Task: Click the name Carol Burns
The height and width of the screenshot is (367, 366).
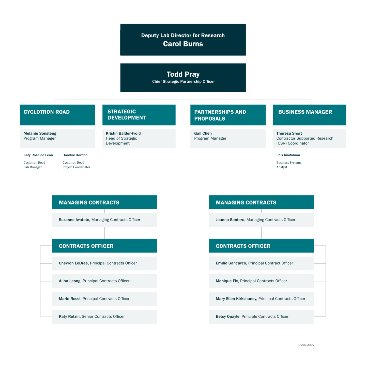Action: coord(183,44)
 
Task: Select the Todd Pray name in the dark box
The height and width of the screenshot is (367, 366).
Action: coord(183,74)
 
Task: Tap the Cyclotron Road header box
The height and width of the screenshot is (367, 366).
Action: coord(57,115)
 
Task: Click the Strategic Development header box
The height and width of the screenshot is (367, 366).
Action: coord(139,115)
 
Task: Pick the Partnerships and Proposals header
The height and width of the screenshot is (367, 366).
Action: coord(228,115)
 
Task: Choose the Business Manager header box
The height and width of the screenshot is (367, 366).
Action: coord(309,115)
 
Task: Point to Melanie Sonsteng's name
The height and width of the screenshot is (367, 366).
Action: coord(40,133)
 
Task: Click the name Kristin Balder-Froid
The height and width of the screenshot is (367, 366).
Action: coord(123,133)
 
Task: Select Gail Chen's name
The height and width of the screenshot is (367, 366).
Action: coord(203,133)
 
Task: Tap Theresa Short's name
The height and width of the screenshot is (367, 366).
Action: coord(289,133)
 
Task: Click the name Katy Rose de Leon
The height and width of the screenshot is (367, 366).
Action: coord(38,155)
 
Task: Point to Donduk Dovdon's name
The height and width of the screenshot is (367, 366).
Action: coord(75,155)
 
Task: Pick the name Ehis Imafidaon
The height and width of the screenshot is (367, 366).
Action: coord(288,155)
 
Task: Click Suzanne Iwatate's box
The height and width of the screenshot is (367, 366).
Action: coord(104,220)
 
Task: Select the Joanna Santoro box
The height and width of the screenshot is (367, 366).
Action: coord(261,220)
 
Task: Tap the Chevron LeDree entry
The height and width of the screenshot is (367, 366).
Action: coord(104,263)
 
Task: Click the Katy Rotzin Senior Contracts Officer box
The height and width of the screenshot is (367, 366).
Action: coord(104,316)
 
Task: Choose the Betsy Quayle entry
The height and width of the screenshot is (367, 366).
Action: coord(261,316)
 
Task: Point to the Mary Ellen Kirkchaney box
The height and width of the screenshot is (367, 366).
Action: coord(261,299)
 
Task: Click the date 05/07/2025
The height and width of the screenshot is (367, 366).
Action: coord(306,345)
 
